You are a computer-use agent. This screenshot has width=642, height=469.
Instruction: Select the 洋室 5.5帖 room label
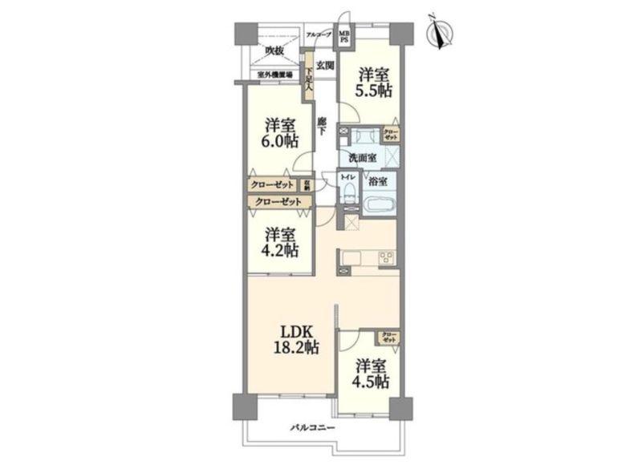pos(375,82)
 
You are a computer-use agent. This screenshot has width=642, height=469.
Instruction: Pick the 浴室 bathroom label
pos(378,182)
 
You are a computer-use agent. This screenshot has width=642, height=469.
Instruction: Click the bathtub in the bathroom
pos(379,204)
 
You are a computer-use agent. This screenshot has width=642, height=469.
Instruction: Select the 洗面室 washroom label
pos(363,158)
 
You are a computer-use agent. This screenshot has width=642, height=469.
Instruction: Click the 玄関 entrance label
pos(324,64)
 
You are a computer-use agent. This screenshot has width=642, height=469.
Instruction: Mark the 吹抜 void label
pos(274,51)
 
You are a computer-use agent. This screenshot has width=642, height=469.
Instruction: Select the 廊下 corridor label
pos(321,126)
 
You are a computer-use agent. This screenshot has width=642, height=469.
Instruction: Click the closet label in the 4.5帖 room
pos(389,337)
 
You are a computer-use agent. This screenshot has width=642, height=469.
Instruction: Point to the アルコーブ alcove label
pos(319,34)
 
